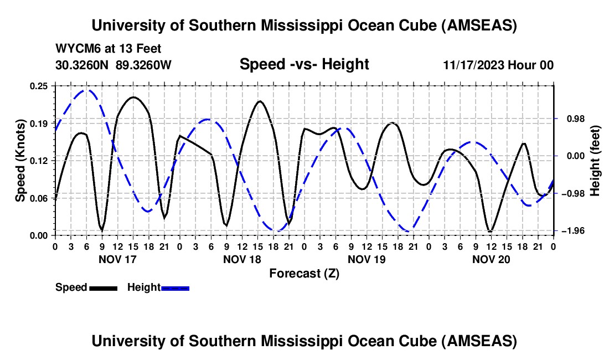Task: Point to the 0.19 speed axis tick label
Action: pyautogui.click(x=40, y=123)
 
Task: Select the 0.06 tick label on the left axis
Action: pyautogui.click(x=40, y=198)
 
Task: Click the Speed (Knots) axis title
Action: pyautogui.click(x=20, y=161)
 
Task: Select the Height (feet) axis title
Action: pyautogui.click(x=595, y=161)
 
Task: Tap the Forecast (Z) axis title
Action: pyautogui.click(x=304, y=273)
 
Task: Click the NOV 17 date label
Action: pyautogui.click(x=117, y=259)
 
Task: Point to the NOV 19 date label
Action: pyautogui.click(x=366, y=259)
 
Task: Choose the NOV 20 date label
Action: pyautogui.click(x=491, y=259)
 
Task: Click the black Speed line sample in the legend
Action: pyautogui.click(x=103, y=288)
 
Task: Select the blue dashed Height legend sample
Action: pyautogui.click(x=175, y=288)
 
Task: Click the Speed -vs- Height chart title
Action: pyautogui.click(x=304, y=64)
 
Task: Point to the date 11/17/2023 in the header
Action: pyautogui.click(x=473, y=65)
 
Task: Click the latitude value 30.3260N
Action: pyautogui.click(x=83, y=65)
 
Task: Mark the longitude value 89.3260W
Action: pyautogui.click(x=143, y=65)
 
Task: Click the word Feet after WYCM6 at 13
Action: pyautogui.click(x=148, y=49)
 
